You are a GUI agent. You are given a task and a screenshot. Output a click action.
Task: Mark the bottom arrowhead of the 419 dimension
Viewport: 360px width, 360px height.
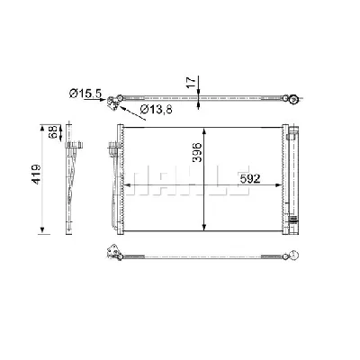(x=40, y=230)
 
